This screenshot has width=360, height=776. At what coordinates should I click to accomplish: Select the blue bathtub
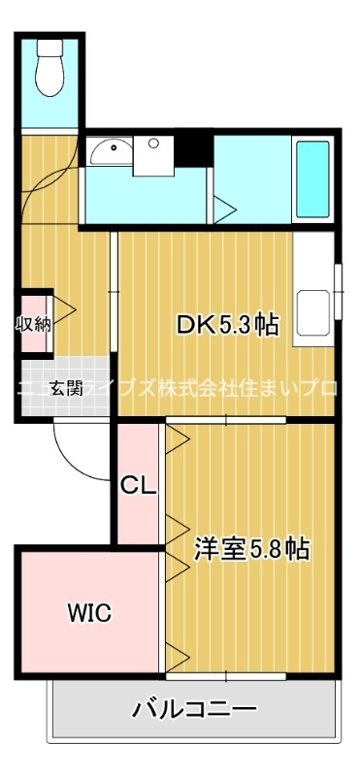(x=311, y=179)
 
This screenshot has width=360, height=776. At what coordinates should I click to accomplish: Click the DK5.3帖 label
(x=228, y=326)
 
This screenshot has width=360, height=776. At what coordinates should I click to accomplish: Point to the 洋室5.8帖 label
(x=252, y=550)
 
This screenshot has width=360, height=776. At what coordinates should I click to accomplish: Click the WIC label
(x=88, y=612)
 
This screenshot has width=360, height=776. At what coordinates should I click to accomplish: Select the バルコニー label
(x=195, y=709)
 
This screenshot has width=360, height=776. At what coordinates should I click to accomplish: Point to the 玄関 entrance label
(x=66, y=389)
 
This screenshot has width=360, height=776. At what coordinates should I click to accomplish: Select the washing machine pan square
(x=152, y=156)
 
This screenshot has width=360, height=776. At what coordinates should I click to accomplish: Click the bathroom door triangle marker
(x=224, y=207)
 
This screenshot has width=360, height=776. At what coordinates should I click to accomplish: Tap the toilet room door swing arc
(x=50, y=175)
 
